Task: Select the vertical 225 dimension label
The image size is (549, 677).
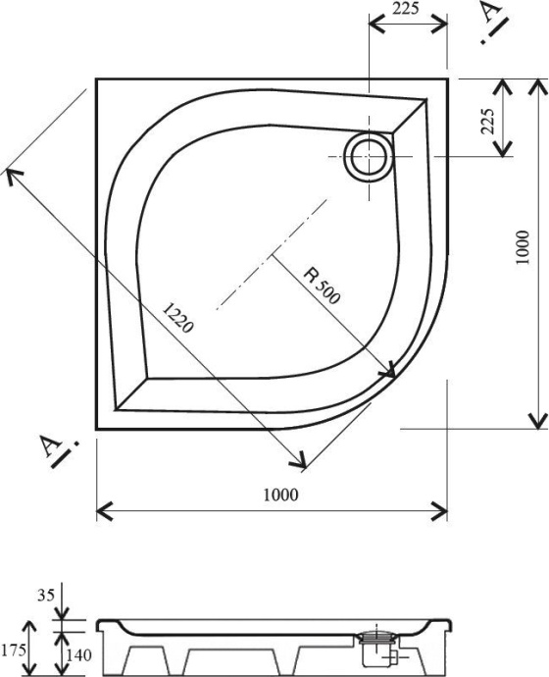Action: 487,118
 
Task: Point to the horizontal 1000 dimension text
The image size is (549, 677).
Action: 280,495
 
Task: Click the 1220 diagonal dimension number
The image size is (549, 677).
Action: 177,318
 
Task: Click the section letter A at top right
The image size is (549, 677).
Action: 491,14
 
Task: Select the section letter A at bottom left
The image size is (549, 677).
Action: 49,445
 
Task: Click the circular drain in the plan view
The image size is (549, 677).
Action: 370,155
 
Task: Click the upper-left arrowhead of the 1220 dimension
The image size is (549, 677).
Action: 12,175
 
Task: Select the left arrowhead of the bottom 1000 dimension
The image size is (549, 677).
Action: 104,511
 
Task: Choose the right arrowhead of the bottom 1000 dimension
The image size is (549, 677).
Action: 440,511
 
